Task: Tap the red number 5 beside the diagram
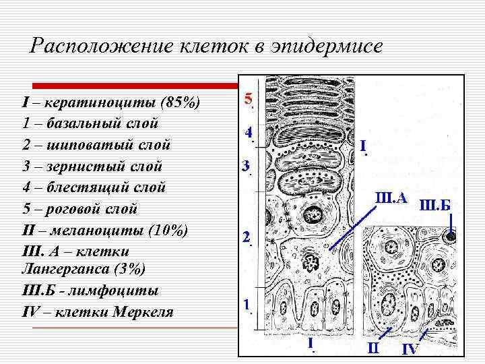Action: pos(248,99)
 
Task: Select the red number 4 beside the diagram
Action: pos(248,133)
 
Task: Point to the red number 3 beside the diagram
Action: pos(246,165)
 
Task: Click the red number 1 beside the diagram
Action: pos(247,305)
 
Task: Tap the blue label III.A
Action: pos(391,198)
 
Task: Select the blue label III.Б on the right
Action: pos(435,204)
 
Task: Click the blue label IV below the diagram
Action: pos(410,349)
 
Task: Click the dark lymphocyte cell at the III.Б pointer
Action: pos(451,236)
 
